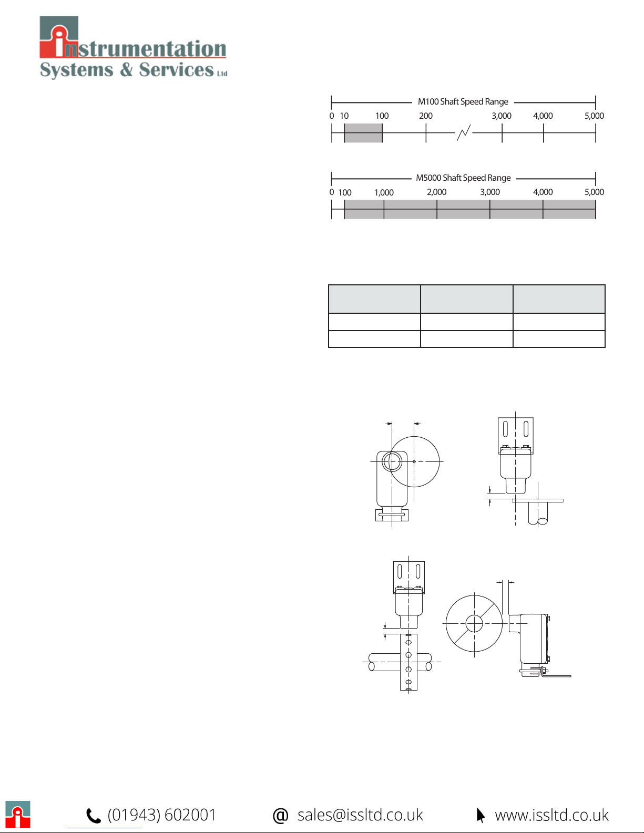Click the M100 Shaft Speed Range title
pos(463,101)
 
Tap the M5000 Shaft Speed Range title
pos(463,178)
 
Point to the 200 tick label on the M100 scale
pos(425,116)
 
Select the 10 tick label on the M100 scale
pos(344,116)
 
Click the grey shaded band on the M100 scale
pos(363,133)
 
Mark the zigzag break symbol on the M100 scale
pos(464,132)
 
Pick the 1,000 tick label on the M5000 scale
pos(384,192)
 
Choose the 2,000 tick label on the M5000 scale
pos(437,192)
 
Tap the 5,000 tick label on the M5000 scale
pos(594,192)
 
